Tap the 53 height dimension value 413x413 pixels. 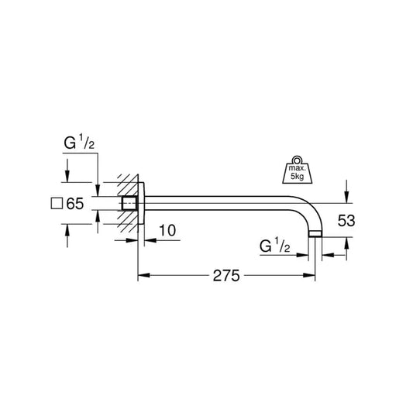point(346,221)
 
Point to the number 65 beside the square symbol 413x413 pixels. point(74,205)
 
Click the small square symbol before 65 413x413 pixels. point(55,205)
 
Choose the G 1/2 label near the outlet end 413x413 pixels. point(276,246)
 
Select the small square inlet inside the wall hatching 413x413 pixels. point(127,205)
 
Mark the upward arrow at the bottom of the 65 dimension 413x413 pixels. point(67,230)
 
